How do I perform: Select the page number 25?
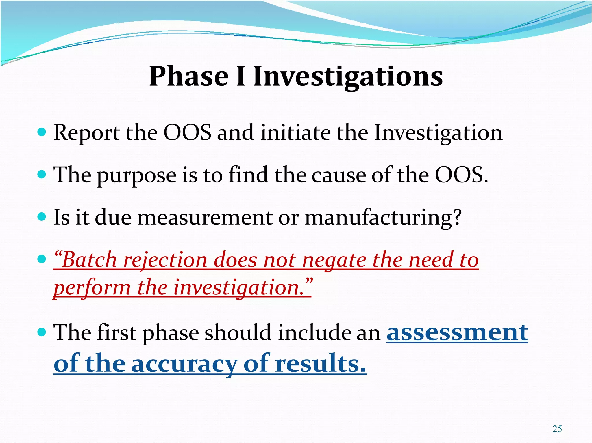[x=557, y=429]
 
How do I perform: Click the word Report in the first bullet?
[x=87, y=133]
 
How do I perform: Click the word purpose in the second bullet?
[x=136, y=175]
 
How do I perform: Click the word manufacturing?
[x=383, y=218]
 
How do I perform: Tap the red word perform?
[x=92, y=288]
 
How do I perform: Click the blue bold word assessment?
[x=457, y=332]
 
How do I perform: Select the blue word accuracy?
[x=184, y=364]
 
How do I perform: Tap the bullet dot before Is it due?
[x=42, y=217]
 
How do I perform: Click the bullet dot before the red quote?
[x=42, y=259]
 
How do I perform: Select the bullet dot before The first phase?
[x=42, y=332]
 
